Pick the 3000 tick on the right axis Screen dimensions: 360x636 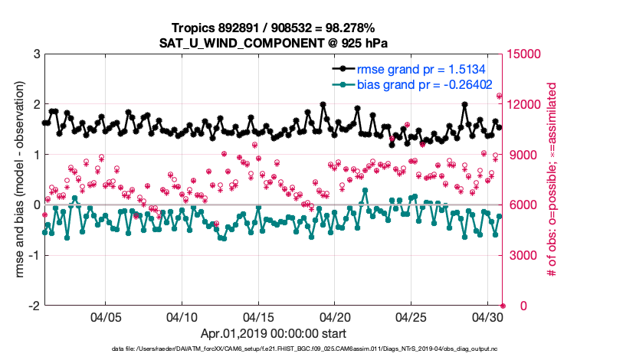pos(520,255)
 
